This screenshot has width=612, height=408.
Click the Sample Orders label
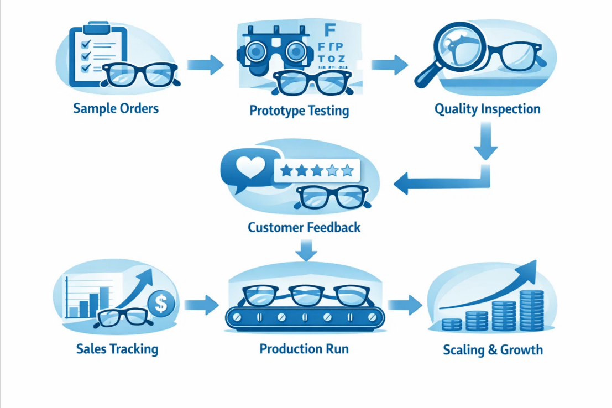pos(116,108)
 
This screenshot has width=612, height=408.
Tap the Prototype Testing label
pos(299,111)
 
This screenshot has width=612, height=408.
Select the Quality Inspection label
pos(487,109)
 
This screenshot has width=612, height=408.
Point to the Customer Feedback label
pos(304,227)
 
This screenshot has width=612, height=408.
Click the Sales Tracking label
pos(117,349)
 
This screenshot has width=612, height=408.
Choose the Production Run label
pos(304,349)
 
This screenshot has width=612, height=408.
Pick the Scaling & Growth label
pos(493,350)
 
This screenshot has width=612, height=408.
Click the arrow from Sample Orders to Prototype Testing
pos(205,65)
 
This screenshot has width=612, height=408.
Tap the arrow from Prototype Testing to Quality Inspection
pos(389,65)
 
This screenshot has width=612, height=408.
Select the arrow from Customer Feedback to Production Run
pos(306,250)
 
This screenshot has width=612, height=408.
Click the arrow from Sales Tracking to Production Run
pos(201,305)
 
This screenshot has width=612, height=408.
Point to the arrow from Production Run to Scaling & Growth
pos(405,305)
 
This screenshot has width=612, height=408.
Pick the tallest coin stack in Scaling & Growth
pos(531,310)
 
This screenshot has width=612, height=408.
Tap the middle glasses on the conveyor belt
pos(305,295)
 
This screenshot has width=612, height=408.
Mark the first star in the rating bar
pos(286,170)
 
